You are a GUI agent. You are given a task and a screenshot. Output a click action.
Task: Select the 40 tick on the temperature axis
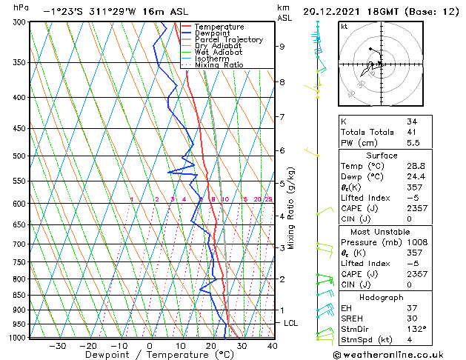click(273, 345)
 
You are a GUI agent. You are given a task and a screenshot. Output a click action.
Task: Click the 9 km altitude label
click(282, 46)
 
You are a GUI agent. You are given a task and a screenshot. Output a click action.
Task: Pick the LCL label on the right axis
click(291, 324)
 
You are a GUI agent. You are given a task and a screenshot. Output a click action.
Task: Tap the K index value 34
click(412, 121)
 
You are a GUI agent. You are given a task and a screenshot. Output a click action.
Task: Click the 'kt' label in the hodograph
click(344, 27)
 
